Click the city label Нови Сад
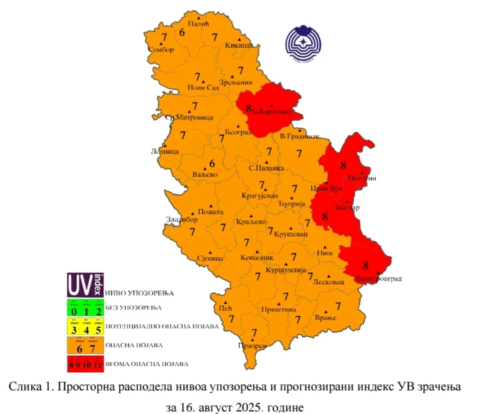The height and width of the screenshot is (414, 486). [203, 88]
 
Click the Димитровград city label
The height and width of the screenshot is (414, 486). [378, 279]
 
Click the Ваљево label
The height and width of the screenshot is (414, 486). [205, 175]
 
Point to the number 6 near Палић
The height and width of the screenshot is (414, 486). [182, 31]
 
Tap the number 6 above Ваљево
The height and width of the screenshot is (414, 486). [212, 164]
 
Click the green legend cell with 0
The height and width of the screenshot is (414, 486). [74, 309]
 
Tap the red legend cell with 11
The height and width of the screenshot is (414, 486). [98, 365]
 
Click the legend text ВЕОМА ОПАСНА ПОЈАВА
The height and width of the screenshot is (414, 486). [147, 364]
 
